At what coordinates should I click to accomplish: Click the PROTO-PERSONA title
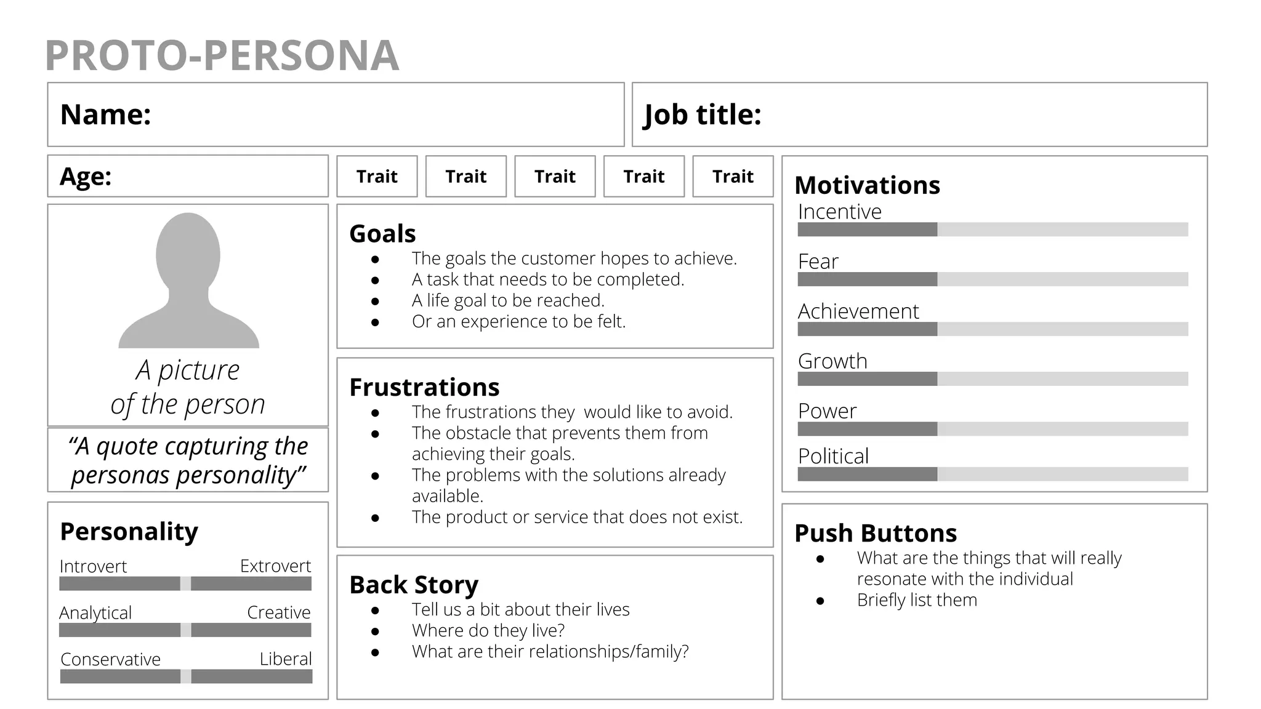[x=222, y=55]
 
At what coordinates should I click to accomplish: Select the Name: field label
[x=105, y=114]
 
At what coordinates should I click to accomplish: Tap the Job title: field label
[x=703, y=114]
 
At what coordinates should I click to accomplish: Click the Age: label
[x=86, y=177]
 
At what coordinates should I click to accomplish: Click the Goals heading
[x=382, y=234]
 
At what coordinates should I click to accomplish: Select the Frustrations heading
[x=424, y=387]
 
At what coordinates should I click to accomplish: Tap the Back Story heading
[x=414, y=585]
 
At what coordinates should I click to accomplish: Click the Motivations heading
[x=867, y=185]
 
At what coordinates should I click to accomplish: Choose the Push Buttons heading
[x=876, y=533]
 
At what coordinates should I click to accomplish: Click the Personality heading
[x=129, y=531]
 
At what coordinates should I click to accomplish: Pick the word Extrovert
[x=275, y=566]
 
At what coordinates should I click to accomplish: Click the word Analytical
[x=95, y=613]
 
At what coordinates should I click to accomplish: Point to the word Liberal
[x=286, y=659]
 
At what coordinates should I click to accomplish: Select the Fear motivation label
[x=818, y=262]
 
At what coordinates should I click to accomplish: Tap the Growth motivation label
[x=832, y=361]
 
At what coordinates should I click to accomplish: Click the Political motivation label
[x=833, y=457]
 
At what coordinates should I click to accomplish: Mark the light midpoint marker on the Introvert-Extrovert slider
[x=185, y=583]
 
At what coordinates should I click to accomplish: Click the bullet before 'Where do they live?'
[x=375, y=631]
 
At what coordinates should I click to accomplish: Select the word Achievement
[x=858, y=311]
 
